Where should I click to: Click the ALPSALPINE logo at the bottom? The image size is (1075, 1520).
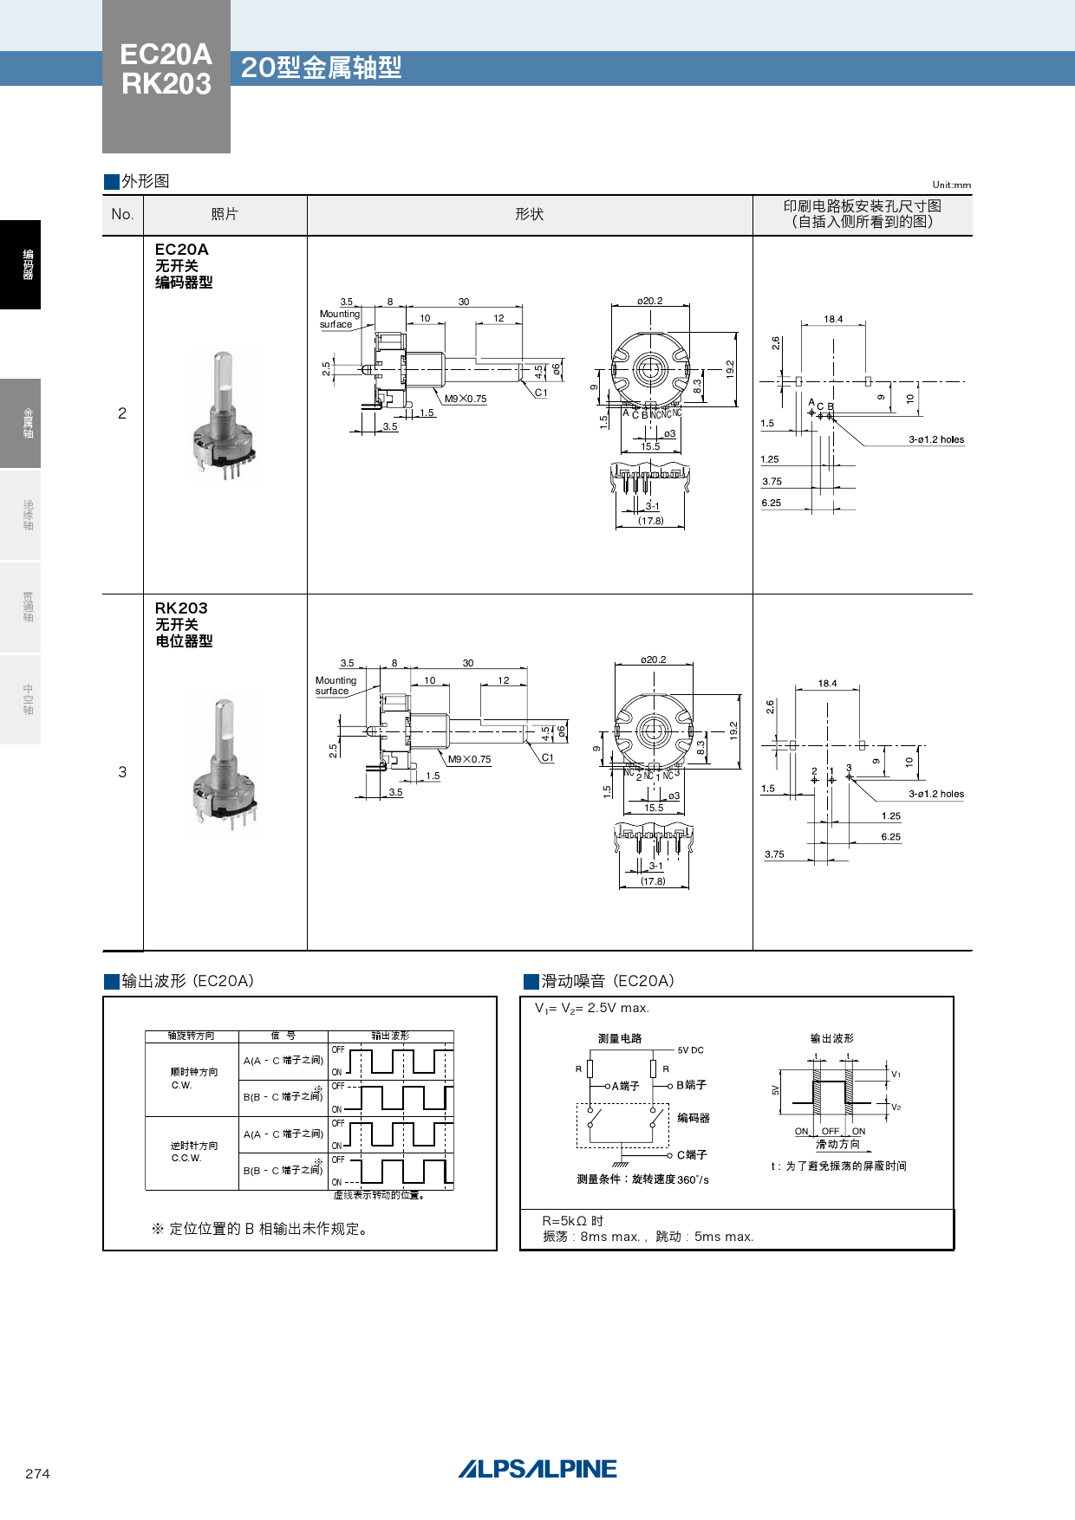(x=537, y=1469)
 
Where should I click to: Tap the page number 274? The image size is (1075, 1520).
(x=37, y=1473)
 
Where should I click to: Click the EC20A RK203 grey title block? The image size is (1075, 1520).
(x=166, y=76)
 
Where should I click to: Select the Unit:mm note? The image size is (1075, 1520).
(x=951, y=185)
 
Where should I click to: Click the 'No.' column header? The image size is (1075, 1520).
(x=122, y=214)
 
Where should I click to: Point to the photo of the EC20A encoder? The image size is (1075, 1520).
(x=224, y=415)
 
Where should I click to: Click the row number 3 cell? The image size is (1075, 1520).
(x=122, y=771)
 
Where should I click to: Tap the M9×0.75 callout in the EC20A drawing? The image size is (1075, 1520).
(x=466, y=399)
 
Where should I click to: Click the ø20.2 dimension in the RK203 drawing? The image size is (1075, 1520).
(x=654, y=659)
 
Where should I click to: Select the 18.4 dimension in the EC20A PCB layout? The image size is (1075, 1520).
(x=833, y=319)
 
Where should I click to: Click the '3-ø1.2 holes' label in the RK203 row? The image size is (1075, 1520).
(x=935, y=794)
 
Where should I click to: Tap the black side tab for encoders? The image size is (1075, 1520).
(x=21, y=264)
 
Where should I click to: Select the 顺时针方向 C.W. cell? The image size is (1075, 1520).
(x=193, y=1078)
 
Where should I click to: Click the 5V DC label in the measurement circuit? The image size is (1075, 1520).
(x=690, y=1050)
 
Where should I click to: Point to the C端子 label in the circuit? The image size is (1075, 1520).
(x=692, y=1154)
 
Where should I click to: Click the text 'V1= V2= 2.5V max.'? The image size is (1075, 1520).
(x=591, y=1008)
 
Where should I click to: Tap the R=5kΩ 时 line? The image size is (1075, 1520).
(x=572, y=1220)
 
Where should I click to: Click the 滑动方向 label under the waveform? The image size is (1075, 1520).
(x=837, y=1144)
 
